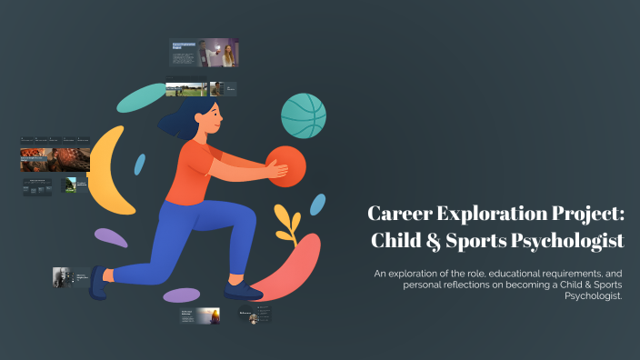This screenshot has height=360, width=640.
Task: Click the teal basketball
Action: pyautogui.click(x=304, y=115)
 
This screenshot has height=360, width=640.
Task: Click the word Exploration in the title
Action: pyautogui.click(x=494, y=215)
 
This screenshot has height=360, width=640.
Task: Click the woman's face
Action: pyautogui.click(x=209, y=116)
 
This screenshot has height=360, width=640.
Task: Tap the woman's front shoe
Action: pyautogui.click(x=243, y=290)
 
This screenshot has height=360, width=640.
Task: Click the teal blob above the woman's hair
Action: pyautogui.click(x=142, y=98)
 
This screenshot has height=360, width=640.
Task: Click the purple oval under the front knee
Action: pyautogui.click(x=182, y=295)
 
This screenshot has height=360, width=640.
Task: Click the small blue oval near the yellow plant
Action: pyautogui.click(x=317, y=205)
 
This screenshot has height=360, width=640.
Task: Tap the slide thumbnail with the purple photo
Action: pyautogui.click(x=219, y=53)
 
